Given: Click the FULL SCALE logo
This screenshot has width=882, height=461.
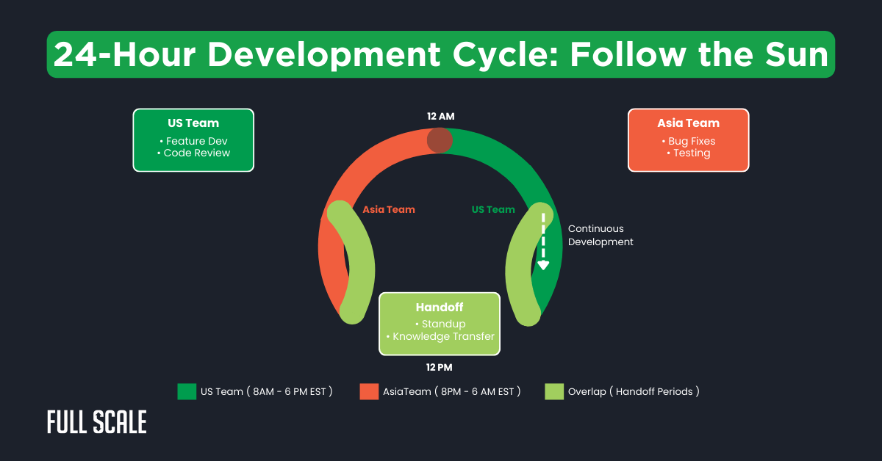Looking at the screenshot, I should [96, 422].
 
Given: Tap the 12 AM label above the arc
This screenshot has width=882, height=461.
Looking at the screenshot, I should [441, 116].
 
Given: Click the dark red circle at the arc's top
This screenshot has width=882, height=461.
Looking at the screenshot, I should [440, 139].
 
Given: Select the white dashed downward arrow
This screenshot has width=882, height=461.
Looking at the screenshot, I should [543, 242].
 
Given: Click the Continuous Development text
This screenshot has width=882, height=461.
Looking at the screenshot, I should [600, 235].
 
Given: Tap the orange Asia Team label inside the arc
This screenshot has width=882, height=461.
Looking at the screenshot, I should [389, 209].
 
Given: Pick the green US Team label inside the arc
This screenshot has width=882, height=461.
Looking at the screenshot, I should [493, 209].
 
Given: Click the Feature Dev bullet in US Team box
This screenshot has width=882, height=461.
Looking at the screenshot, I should [193, 141].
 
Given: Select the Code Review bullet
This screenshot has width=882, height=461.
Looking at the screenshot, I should [193, 153].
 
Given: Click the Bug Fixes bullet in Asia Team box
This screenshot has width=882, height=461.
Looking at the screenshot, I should [688, 141].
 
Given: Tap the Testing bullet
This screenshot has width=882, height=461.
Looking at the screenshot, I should [688, 153].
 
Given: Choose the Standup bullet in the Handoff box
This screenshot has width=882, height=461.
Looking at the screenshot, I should [440, 324].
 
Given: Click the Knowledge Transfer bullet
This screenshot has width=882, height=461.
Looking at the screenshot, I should [440, 336].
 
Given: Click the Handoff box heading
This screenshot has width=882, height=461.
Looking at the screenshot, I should [440, 308].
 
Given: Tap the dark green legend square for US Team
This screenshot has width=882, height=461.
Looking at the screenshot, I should [187, 391].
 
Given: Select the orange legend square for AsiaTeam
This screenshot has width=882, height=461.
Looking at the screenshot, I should [369, 391].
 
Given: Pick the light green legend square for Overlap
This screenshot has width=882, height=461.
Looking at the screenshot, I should [554, 391].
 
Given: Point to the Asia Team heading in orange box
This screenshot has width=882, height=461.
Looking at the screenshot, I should [688, 123].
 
